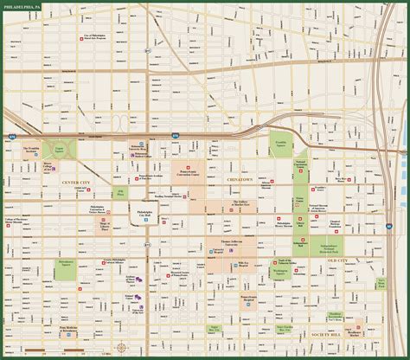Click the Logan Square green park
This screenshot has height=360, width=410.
(x=61, y=149)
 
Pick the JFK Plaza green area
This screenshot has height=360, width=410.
(x=120, y=190)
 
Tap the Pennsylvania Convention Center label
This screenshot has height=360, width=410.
(x=188, y=171)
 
